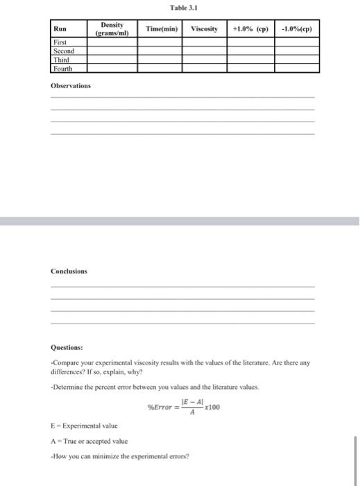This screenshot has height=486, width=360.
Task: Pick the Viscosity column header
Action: pyautogui.click(x=204, y=29)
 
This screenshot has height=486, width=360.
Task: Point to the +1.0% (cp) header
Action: pyautogui.click(x=250, y=29)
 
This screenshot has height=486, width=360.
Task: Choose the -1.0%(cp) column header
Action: pyautogui.click(x=296, y=29)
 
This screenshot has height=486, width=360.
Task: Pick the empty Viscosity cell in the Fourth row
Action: pyautogui.click(x=204, y=68)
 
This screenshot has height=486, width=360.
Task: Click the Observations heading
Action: pyautogui.click(x=71, y=85)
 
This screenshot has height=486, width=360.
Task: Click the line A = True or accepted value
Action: pyautogui.click(x=89, y=442)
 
